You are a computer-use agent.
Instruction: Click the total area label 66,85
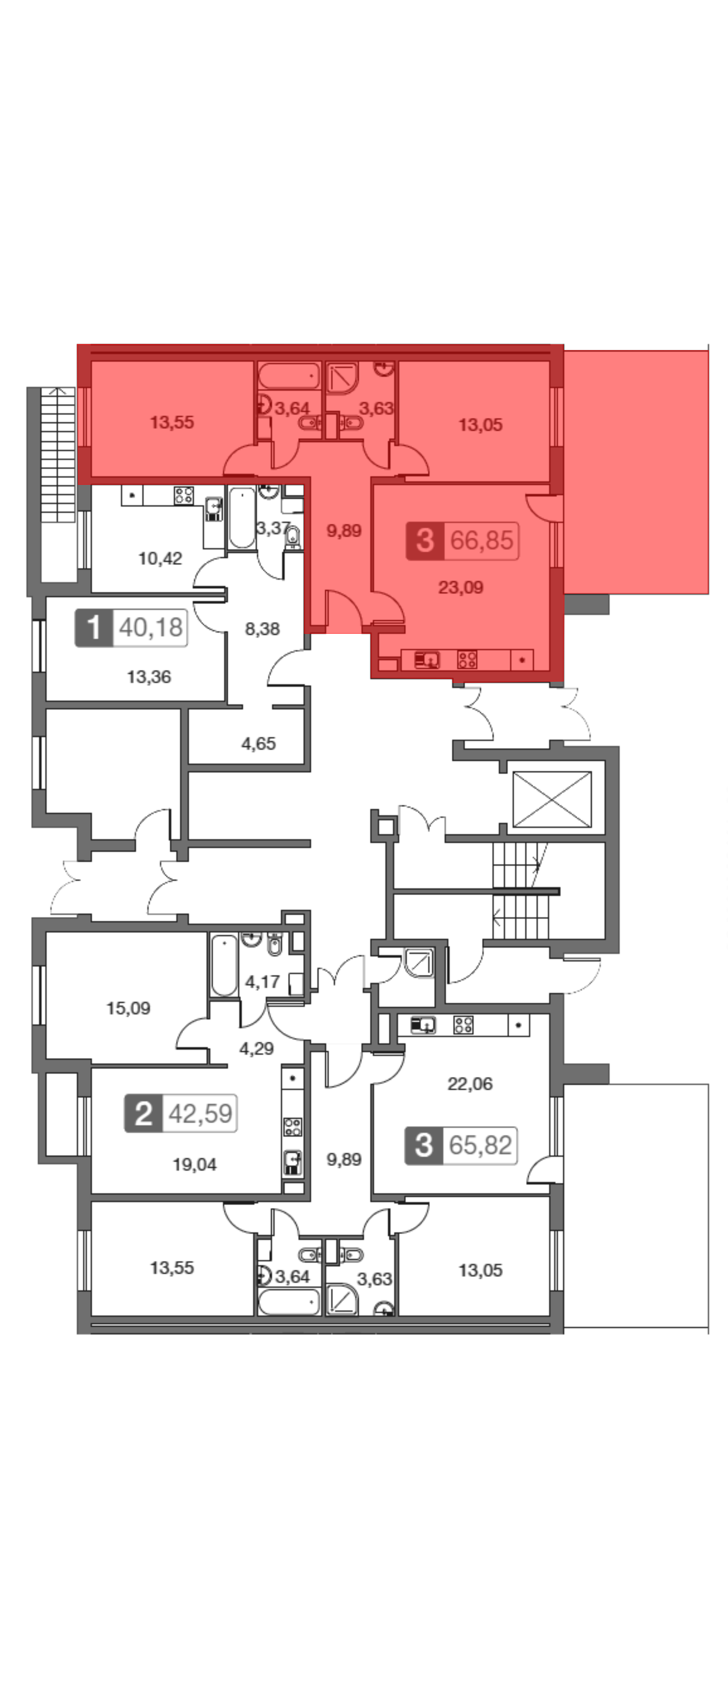tap(482, 541)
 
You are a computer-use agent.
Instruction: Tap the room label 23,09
tap(460, 587)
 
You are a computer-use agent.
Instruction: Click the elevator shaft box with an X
tap(552, 799)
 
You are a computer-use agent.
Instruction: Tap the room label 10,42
tap(159, 558)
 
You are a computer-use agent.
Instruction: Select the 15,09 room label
tap(128, 1008)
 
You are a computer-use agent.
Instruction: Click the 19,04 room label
tap(194, 1164)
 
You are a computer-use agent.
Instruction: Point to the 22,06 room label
tap(470, 1084)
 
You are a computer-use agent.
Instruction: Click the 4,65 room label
tap(258, 744)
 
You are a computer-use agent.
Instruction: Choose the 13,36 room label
tap(149, 677)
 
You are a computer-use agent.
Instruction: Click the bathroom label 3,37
tap(272, 528)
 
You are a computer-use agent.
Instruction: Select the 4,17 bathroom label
tap(262, 982)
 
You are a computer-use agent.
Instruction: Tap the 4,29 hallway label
tap(256, 1048)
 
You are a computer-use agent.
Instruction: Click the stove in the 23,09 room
tap(467, 659)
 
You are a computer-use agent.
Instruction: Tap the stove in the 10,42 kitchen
tap(184, 495)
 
